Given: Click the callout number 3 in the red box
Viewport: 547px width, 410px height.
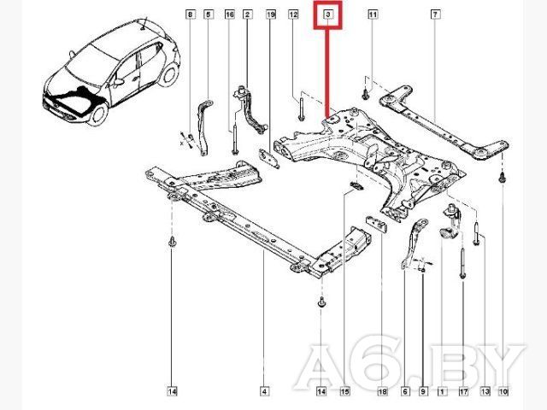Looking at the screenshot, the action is click(x=328, y=15).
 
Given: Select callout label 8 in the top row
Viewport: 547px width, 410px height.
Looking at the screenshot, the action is click(x=190, y=15).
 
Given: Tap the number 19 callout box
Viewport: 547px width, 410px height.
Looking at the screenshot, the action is click(x=271, y=15).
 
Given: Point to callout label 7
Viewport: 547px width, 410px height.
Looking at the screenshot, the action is click(x=435, y=15).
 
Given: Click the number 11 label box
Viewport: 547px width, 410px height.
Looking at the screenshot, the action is click(x=373, y=15).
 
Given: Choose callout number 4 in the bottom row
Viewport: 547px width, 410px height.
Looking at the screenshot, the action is click(x=264, y=391).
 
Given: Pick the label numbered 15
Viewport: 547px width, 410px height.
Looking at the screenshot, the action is click(x=344, y=391).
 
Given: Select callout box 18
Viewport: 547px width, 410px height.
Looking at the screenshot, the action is click(x=382, y=391).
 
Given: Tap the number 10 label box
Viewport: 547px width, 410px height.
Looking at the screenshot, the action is click(x=503, y=391).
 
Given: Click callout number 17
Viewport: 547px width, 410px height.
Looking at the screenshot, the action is click(x=463, y=391).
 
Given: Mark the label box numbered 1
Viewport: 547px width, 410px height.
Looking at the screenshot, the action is click(x=442, y=391).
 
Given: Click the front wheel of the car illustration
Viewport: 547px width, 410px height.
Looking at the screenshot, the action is click(x=97, y=114).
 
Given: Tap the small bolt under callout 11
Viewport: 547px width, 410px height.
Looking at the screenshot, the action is click(x=365, y=94).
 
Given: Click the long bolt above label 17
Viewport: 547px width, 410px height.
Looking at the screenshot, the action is click(x=462, y=263).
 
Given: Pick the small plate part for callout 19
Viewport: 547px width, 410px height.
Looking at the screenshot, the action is click(x=268, y=158).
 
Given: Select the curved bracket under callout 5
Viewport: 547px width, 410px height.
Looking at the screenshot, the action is click(x=204, y=127).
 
